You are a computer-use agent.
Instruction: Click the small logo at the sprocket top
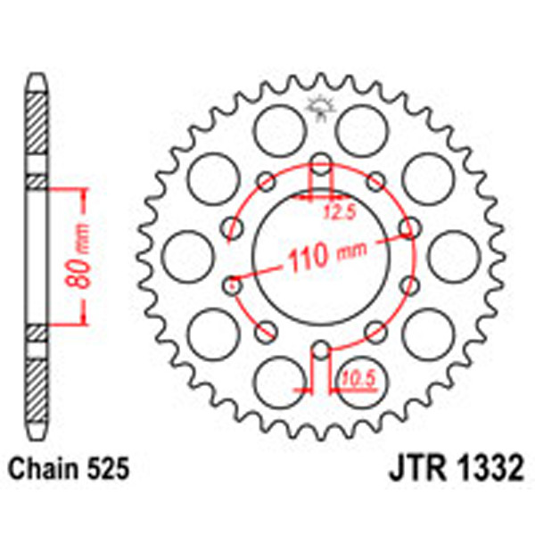pyautogui.click(x=320, y=107)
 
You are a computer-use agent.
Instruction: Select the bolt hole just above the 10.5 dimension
pyautogui.click(x=321, y=349)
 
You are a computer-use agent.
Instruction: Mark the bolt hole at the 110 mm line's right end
pyautogui.click(x=409, y=228)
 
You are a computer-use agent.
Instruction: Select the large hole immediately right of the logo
pyautogui.click(x=366, y=125)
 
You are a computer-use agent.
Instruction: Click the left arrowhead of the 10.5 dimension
pyautogui.click(x=308, y=390)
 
